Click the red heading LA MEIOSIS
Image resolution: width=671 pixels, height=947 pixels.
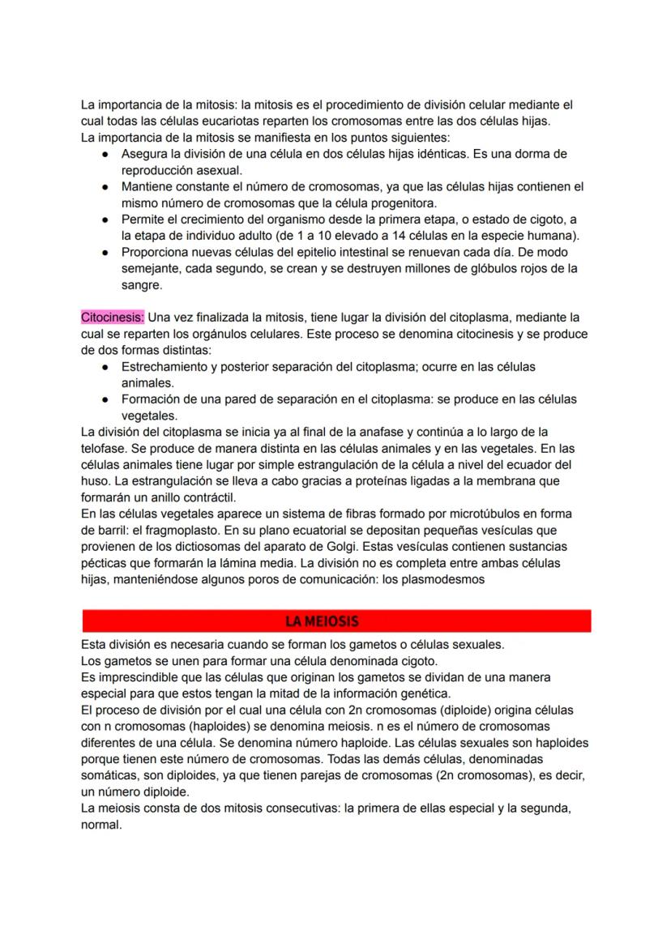point(322,621)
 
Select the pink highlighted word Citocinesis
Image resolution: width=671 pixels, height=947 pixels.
point(112,318)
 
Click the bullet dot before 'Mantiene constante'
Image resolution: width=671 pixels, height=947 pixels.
point(105,186)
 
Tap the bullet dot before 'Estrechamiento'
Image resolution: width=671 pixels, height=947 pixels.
point(105,367)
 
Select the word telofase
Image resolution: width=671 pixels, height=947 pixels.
point(105,448)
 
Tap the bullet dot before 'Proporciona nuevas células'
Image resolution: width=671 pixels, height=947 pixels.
point(105,252)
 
